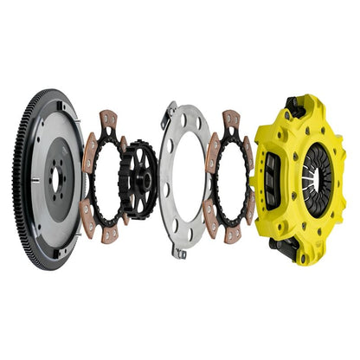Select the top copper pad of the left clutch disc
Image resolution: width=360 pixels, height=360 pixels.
pyautogui.click(x=108, y=119)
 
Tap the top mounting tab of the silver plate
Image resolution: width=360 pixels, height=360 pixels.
pyautogui.click(x=171, y=110)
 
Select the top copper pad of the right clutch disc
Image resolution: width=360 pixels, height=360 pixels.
pyautogui.click(x=230, y=119)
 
